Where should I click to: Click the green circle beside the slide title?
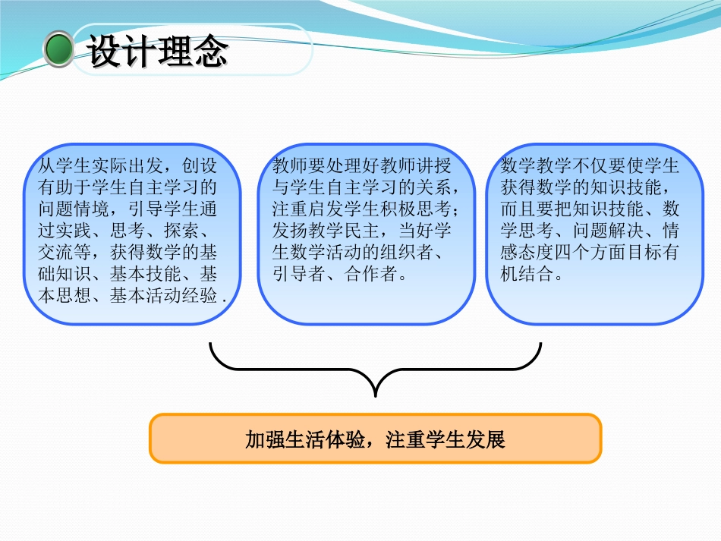[x=58, y=50]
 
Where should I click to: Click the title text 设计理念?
[x=158, y=51]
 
